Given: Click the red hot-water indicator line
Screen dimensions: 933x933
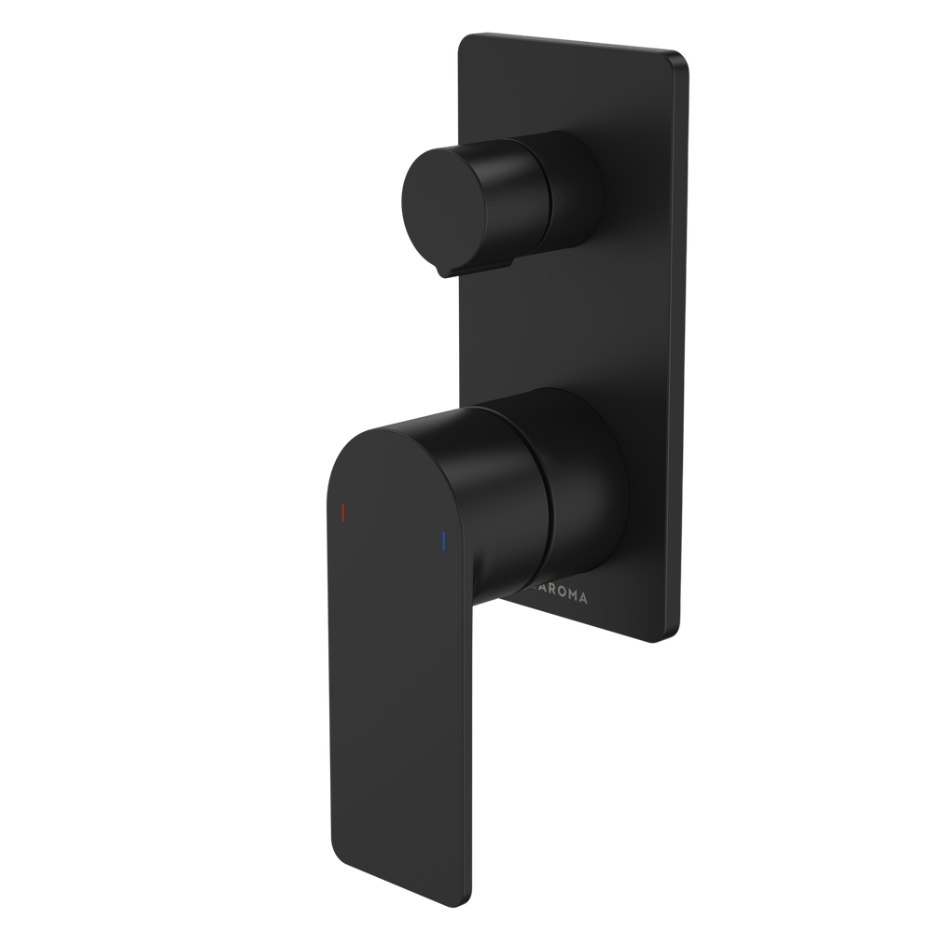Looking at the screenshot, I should (x=343, y=512).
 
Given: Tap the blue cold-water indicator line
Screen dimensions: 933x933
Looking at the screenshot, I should (x=444, y=542).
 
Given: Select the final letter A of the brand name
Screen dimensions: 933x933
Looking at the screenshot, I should (x=584, y=599).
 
